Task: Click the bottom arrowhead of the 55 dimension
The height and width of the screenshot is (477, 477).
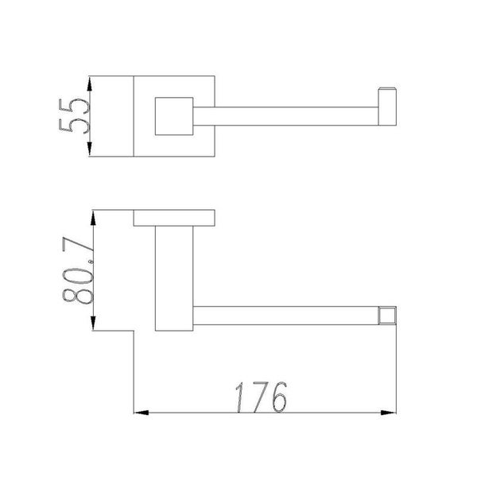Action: (92, 152)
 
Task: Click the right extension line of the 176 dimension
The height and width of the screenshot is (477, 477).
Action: (396, 366)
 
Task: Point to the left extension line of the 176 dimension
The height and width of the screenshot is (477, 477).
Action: (134, 374)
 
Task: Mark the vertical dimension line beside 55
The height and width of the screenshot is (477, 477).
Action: (92, 116)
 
